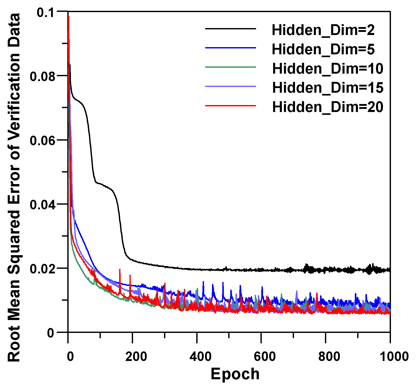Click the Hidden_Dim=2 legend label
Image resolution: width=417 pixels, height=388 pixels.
click(323, 30)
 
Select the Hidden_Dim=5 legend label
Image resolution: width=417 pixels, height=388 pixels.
click(323, 49)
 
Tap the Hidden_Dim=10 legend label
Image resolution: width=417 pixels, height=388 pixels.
click(328, 68)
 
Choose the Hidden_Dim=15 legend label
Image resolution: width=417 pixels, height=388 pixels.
click(328, 88)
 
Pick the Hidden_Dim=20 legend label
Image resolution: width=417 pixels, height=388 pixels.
click(328, 107)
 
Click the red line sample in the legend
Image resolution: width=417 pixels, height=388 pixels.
click(230, 106)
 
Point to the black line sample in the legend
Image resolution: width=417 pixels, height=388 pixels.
click(230, 29)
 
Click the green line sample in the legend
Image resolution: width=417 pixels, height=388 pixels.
click(230, 67)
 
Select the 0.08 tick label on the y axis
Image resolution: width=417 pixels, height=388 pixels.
click(43, 76)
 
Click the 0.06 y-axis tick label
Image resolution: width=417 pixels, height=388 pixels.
click(43, 141)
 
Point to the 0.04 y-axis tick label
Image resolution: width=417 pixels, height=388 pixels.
click(43, 205)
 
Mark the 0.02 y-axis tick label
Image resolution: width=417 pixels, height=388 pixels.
click(43, 269)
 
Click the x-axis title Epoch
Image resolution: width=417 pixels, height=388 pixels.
click(235, 374)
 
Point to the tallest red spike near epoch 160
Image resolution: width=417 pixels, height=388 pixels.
click(120, 270)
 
